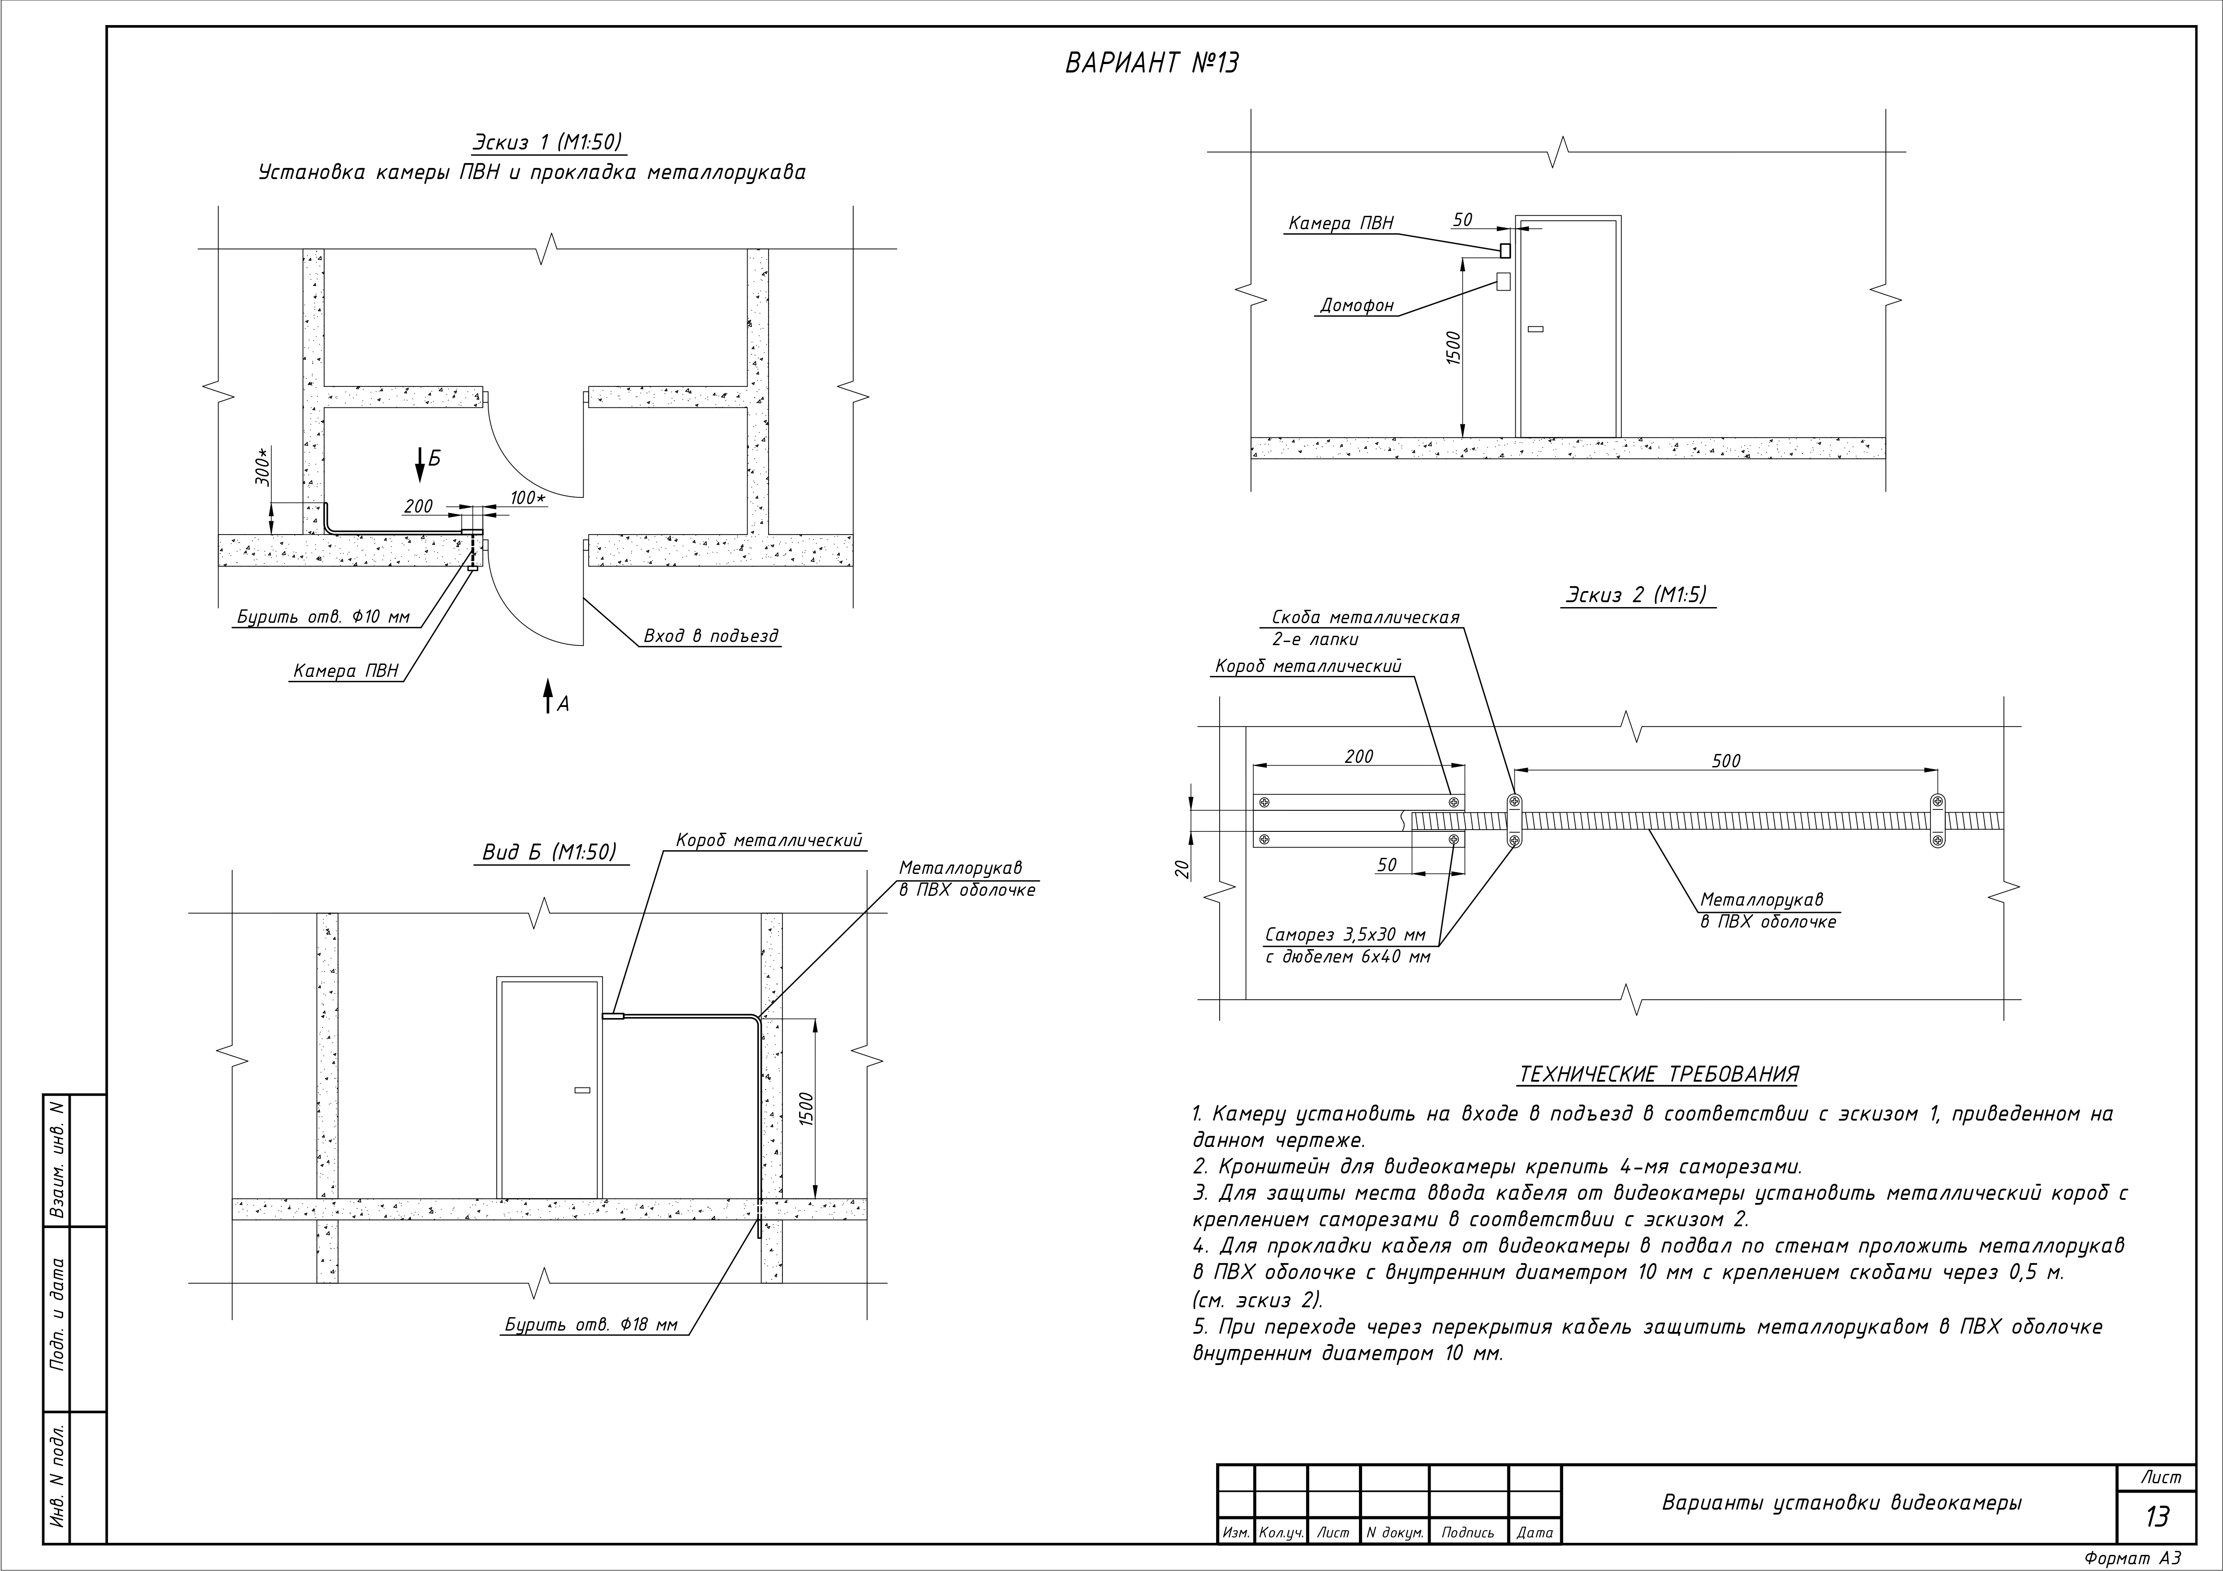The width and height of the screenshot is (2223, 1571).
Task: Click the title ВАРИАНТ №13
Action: (1151, 63)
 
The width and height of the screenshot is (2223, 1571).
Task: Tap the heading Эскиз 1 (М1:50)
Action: (547, 142)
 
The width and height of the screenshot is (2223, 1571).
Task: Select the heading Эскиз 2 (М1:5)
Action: (1636, 594)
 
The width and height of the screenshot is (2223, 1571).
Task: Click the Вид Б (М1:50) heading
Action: (549, 852)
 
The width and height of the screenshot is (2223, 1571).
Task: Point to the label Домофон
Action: (1358, 306)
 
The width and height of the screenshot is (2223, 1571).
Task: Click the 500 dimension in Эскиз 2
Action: (1726, 761)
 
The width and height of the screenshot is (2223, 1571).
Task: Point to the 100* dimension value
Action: (528, 497)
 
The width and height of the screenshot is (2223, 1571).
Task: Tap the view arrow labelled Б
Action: (420, 465)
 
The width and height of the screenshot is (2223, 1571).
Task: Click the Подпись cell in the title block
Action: (1468, 1532)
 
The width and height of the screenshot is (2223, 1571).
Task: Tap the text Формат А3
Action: (2133, 1558)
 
